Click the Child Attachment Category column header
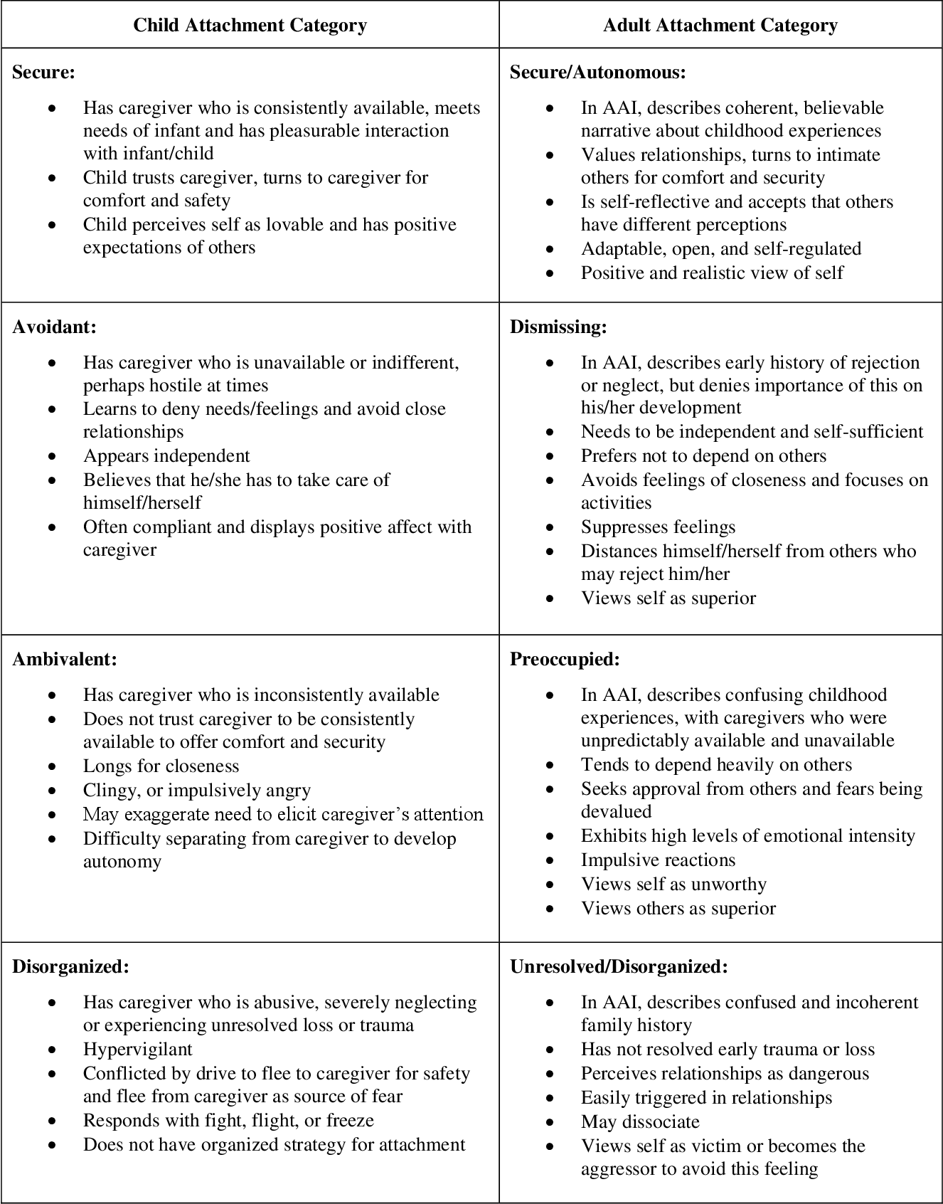click(250, 26)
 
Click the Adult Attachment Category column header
click(720, 26)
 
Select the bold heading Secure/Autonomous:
click(597, 72)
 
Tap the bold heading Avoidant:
click(54, 327)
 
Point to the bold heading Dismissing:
click(558, 327)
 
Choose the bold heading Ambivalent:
click(65, 659)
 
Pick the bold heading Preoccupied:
click(565, 659)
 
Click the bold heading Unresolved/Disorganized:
click(619, 966)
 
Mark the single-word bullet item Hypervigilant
click(137, 1049)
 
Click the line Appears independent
click(166, 455)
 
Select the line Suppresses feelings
click(658, 527)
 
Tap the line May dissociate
click(640, 1121)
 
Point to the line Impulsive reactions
click(658, 860)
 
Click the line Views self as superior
click(668, 598)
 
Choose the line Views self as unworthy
click(673, 884)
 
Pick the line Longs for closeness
click(161, 766)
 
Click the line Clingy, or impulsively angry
click(196, 790)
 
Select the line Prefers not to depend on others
click(703, 455)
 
